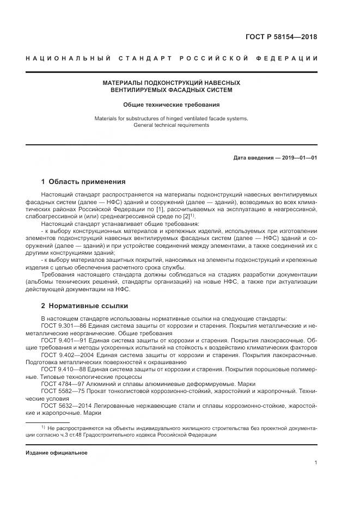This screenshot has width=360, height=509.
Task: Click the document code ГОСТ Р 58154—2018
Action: click(x=283, y=38)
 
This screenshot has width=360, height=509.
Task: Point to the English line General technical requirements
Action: click(x=171, y=125)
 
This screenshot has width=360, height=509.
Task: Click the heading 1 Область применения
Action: click(x=83, y=182)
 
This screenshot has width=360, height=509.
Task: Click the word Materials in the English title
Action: click(x=106, y=118)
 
